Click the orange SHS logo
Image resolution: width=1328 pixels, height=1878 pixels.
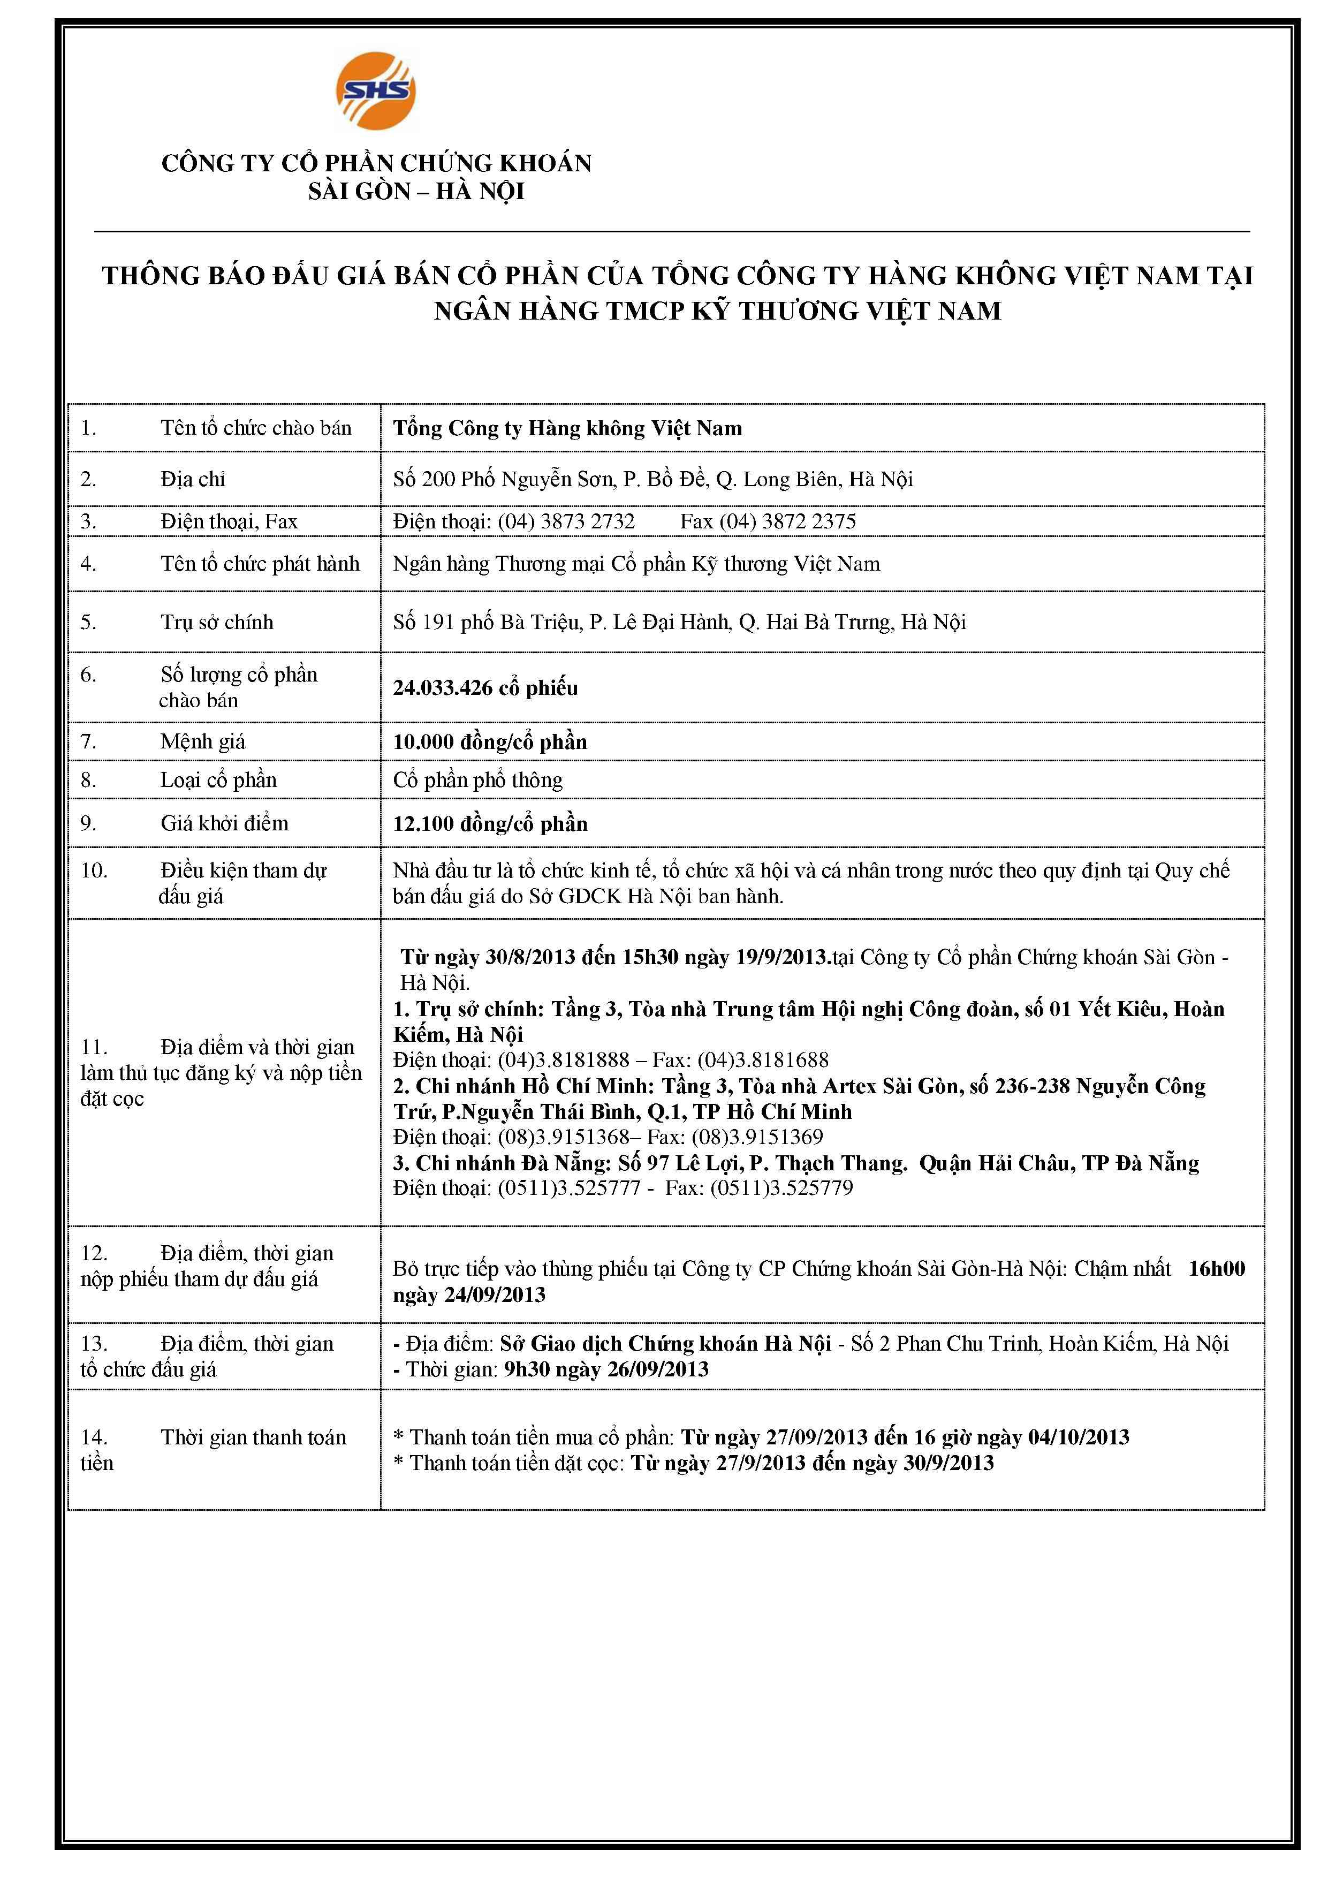click(x=375, y=91)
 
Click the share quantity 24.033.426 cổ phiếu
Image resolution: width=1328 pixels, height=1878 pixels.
click(x=485, y=688)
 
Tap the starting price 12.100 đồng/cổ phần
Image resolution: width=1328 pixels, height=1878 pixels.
click(x=490, y=824)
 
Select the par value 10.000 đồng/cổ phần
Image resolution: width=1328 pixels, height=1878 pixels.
click(x=490, y=742)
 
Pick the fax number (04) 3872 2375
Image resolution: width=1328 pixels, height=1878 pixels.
click(x=787, y=522)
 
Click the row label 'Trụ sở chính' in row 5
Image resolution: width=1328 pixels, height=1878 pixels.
click(x=217, y=623)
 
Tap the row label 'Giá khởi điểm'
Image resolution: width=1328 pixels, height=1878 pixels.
click(x=224, y=824)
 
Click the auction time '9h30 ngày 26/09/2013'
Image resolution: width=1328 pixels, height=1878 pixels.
click(x=606, y=1369)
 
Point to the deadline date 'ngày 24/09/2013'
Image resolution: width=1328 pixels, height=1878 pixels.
click(x=468, y=1295)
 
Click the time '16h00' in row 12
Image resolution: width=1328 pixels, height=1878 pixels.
click(x=1216, y=1269)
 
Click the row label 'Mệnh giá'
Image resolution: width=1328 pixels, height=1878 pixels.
click(x=203, y=742)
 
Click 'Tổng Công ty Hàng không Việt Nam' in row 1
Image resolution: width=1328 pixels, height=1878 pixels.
click(x=567, y=429)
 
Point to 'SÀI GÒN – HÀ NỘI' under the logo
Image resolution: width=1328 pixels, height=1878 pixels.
click(x=416, y=192)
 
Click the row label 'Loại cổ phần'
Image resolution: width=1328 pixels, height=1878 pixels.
click(x=218, y=781)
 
